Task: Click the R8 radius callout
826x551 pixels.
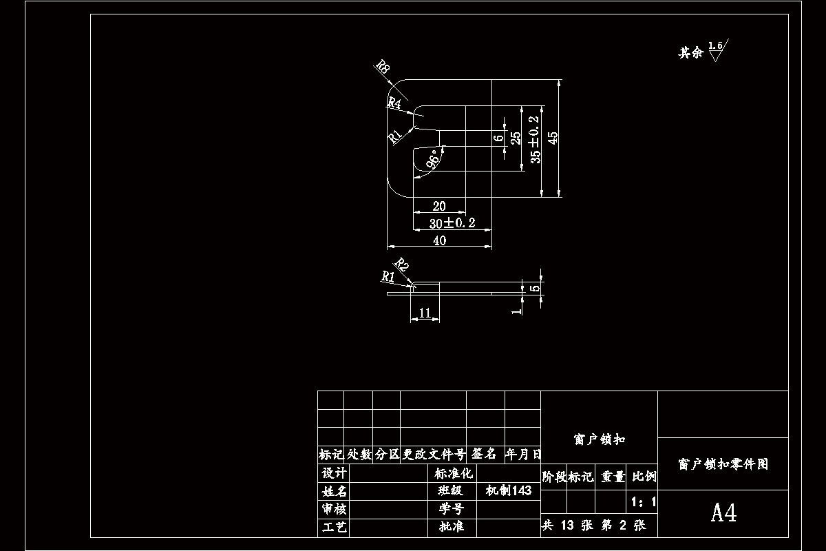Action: [383, 68]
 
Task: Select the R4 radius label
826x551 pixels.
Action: [394, 103]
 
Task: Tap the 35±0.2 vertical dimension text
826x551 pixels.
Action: [535, 139]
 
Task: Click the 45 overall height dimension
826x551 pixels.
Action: [553, 138]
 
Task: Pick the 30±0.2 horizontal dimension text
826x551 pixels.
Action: [451, 223]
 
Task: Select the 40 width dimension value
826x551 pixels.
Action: [438, 240]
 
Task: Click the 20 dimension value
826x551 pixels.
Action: [438, 206]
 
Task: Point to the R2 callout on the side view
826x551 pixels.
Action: [401, 266]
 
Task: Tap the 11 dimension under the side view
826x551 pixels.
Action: [425, 313]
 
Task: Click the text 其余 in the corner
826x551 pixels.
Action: [690, 53]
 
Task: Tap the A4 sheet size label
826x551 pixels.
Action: [723, 513]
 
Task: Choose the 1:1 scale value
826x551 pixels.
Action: [643, 501]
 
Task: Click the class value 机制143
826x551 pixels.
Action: [509, 490]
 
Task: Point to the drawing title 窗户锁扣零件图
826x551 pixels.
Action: [723, 464]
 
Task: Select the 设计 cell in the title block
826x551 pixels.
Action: [334, 473]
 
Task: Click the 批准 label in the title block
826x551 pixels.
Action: [451, 527]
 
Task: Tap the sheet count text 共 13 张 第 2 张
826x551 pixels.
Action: [594, 526]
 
